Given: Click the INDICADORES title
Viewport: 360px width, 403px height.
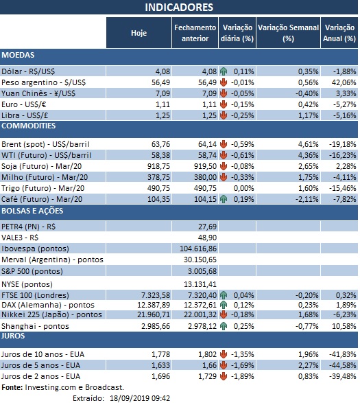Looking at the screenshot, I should pyautogui.click(x=179, y=8).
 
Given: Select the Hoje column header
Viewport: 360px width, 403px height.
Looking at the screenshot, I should pyautogui.click(x=139, y=33).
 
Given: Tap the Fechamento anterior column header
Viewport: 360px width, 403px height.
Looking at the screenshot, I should pyautogui.click(x=195, y=33).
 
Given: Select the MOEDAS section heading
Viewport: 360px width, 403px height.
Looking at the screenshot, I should pyautogui.click(x=19, y=55).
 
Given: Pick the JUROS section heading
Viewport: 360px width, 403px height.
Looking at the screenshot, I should pyautogui.click(x=14, y=336).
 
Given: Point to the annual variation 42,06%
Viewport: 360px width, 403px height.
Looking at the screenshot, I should pyautogui.click(x=341, y=82).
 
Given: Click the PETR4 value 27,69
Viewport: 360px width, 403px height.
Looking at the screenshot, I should pyautogui.click(x=206, y=226).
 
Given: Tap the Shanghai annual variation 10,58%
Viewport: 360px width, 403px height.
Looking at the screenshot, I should pyautogui.click(x=341, y=325).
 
